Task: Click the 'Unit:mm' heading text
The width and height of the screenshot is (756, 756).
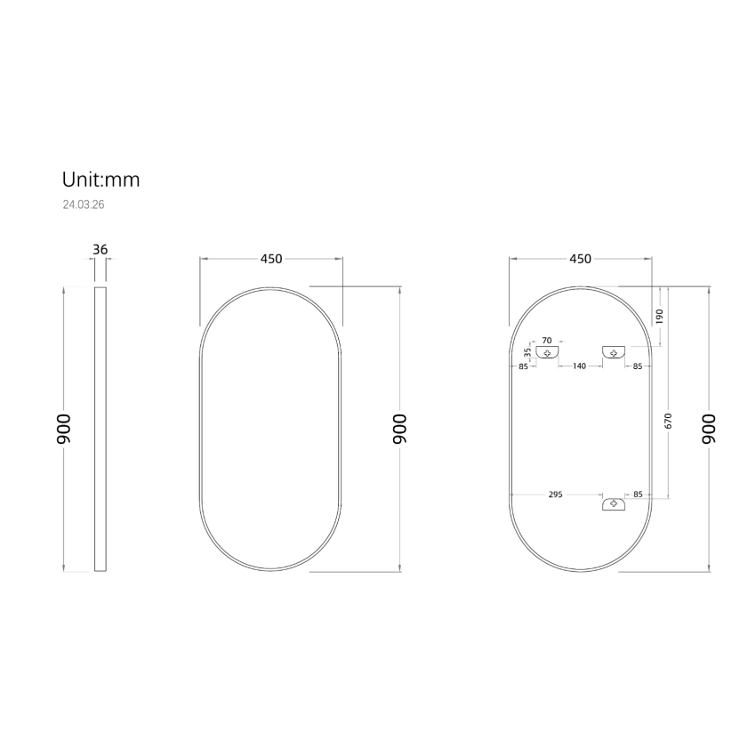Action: click(101, 180)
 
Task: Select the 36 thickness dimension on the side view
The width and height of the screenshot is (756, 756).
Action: click(101, 250)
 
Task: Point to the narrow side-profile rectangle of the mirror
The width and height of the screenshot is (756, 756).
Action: click(101, 430)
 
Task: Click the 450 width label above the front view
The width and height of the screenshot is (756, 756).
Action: click(271, 259)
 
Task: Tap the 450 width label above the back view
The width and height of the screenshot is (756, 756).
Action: click(580, 259)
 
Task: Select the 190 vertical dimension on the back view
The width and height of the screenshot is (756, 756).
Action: click(660, 318)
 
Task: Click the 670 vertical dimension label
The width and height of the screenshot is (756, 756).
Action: click(669, 422)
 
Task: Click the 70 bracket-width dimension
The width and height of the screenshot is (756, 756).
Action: click(547, 340)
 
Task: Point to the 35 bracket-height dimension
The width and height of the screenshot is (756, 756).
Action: click(527, 352)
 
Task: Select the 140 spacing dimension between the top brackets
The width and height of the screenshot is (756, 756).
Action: click(579, 366)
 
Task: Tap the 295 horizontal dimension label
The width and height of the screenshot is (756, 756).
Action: click(555, 495)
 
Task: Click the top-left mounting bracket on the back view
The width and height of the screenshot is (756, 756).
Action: click(548, 352)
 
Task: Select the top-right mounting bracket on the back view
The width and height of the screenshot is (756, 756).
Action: click(614, 352)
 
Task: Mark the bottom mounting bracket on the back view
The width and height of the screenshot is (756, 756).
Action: click(614, 505)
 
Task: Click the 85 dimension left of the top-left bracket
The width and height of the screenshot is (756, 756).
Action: click(523, 366)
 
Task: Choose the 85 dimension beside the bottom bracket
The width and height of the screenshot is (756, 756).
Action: click(638, 495)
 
